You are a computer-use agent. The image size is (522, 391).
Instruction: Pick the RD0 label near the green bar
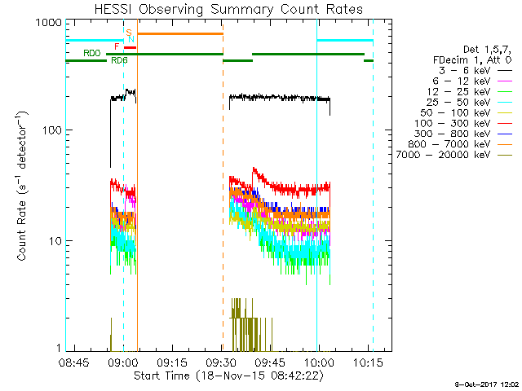(x=92, y=53)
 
